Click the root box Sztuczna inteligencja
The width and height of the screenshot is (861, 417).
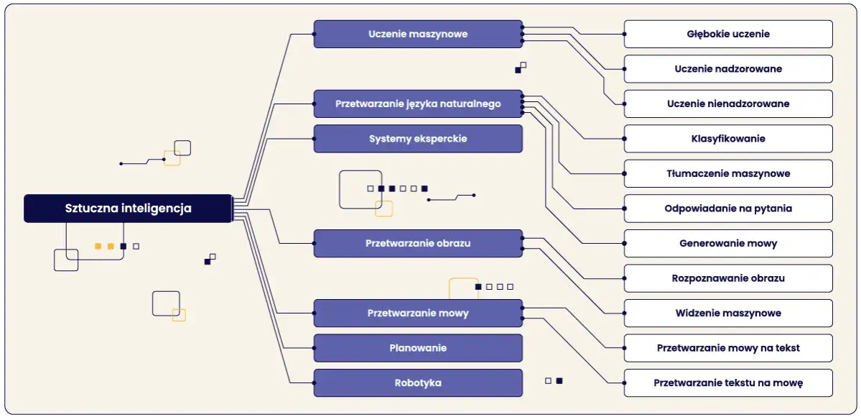tap(128, 208)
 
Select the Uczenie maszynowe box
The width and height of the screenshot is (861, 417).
tap(418, 34)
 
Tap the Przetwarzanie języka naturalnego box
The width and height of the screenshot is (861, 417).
tap(418, 104)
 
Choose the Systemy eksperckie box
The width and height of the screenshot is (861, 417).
tap(418, 139)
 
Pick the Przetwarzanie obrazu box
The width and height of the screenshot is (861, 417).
tap(418, 243)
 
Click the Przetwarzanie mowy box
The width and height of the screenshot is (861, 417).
tap(418, 313)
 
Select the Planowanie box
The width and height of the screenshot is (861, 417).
tap(418, 348)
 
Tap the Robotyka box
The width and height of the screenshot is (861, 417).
tap(418, 383)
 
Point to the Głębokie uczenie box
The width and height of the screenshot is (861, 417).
tap(728, 34)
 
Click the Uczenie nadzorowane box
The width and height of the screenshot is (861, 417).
tap(728, 69)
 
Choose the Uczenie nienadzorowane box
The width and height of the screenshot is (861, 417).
tap(728, 104)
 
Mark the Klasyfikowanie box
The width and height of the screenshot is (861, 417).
tap(728, 139)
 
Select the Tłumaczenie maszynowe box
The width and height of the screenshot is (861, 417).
tap(728, 173)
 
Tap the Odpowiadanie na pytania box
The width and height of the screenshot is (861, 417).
tap(728, 208)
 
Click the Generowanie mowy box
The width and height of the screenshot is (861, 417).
tap(728, 243)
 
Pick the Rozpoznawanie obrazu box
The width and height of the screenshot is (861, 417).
tap(728, 278)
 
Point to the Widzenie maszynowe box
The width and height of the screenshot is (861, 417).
tap(728, 313)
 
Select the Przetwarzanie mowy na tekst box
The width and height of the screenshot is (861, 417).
tap(728, 348)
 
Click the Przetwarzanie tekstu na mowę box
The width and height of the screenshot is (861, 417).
tap(728, 383)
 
